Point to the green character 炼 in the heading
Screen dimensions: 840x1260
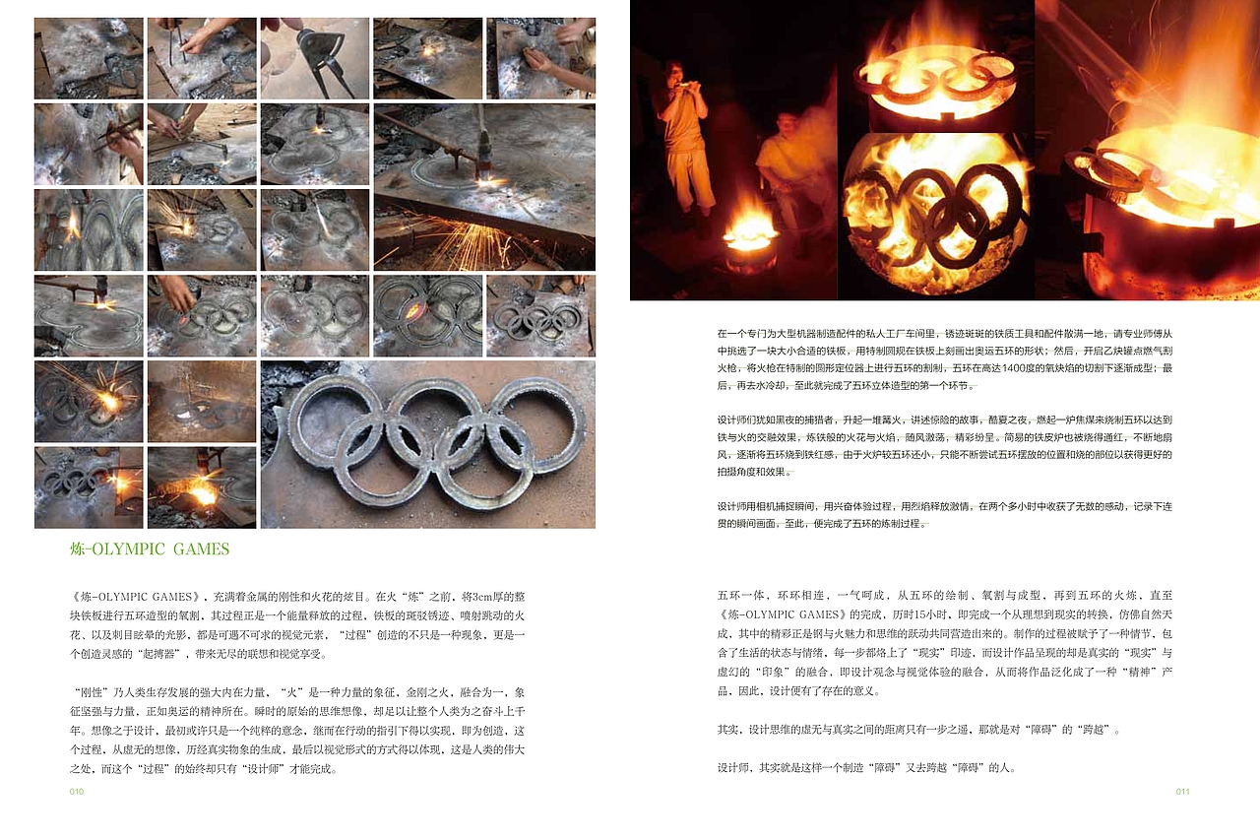pyautogui.click(x=78, y=549)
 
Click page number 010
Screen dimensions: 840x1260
pyautogui.click(x=77, y=791)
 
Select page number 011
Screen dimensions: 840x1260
pyautogui.click(x=1182, y=791)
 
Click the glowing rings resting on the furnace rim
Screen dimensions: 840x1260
pyautogui.click(x=936, y=76)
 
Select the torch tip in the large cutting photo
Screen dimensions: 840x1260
pyautogui.click(x=486, y=167)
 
